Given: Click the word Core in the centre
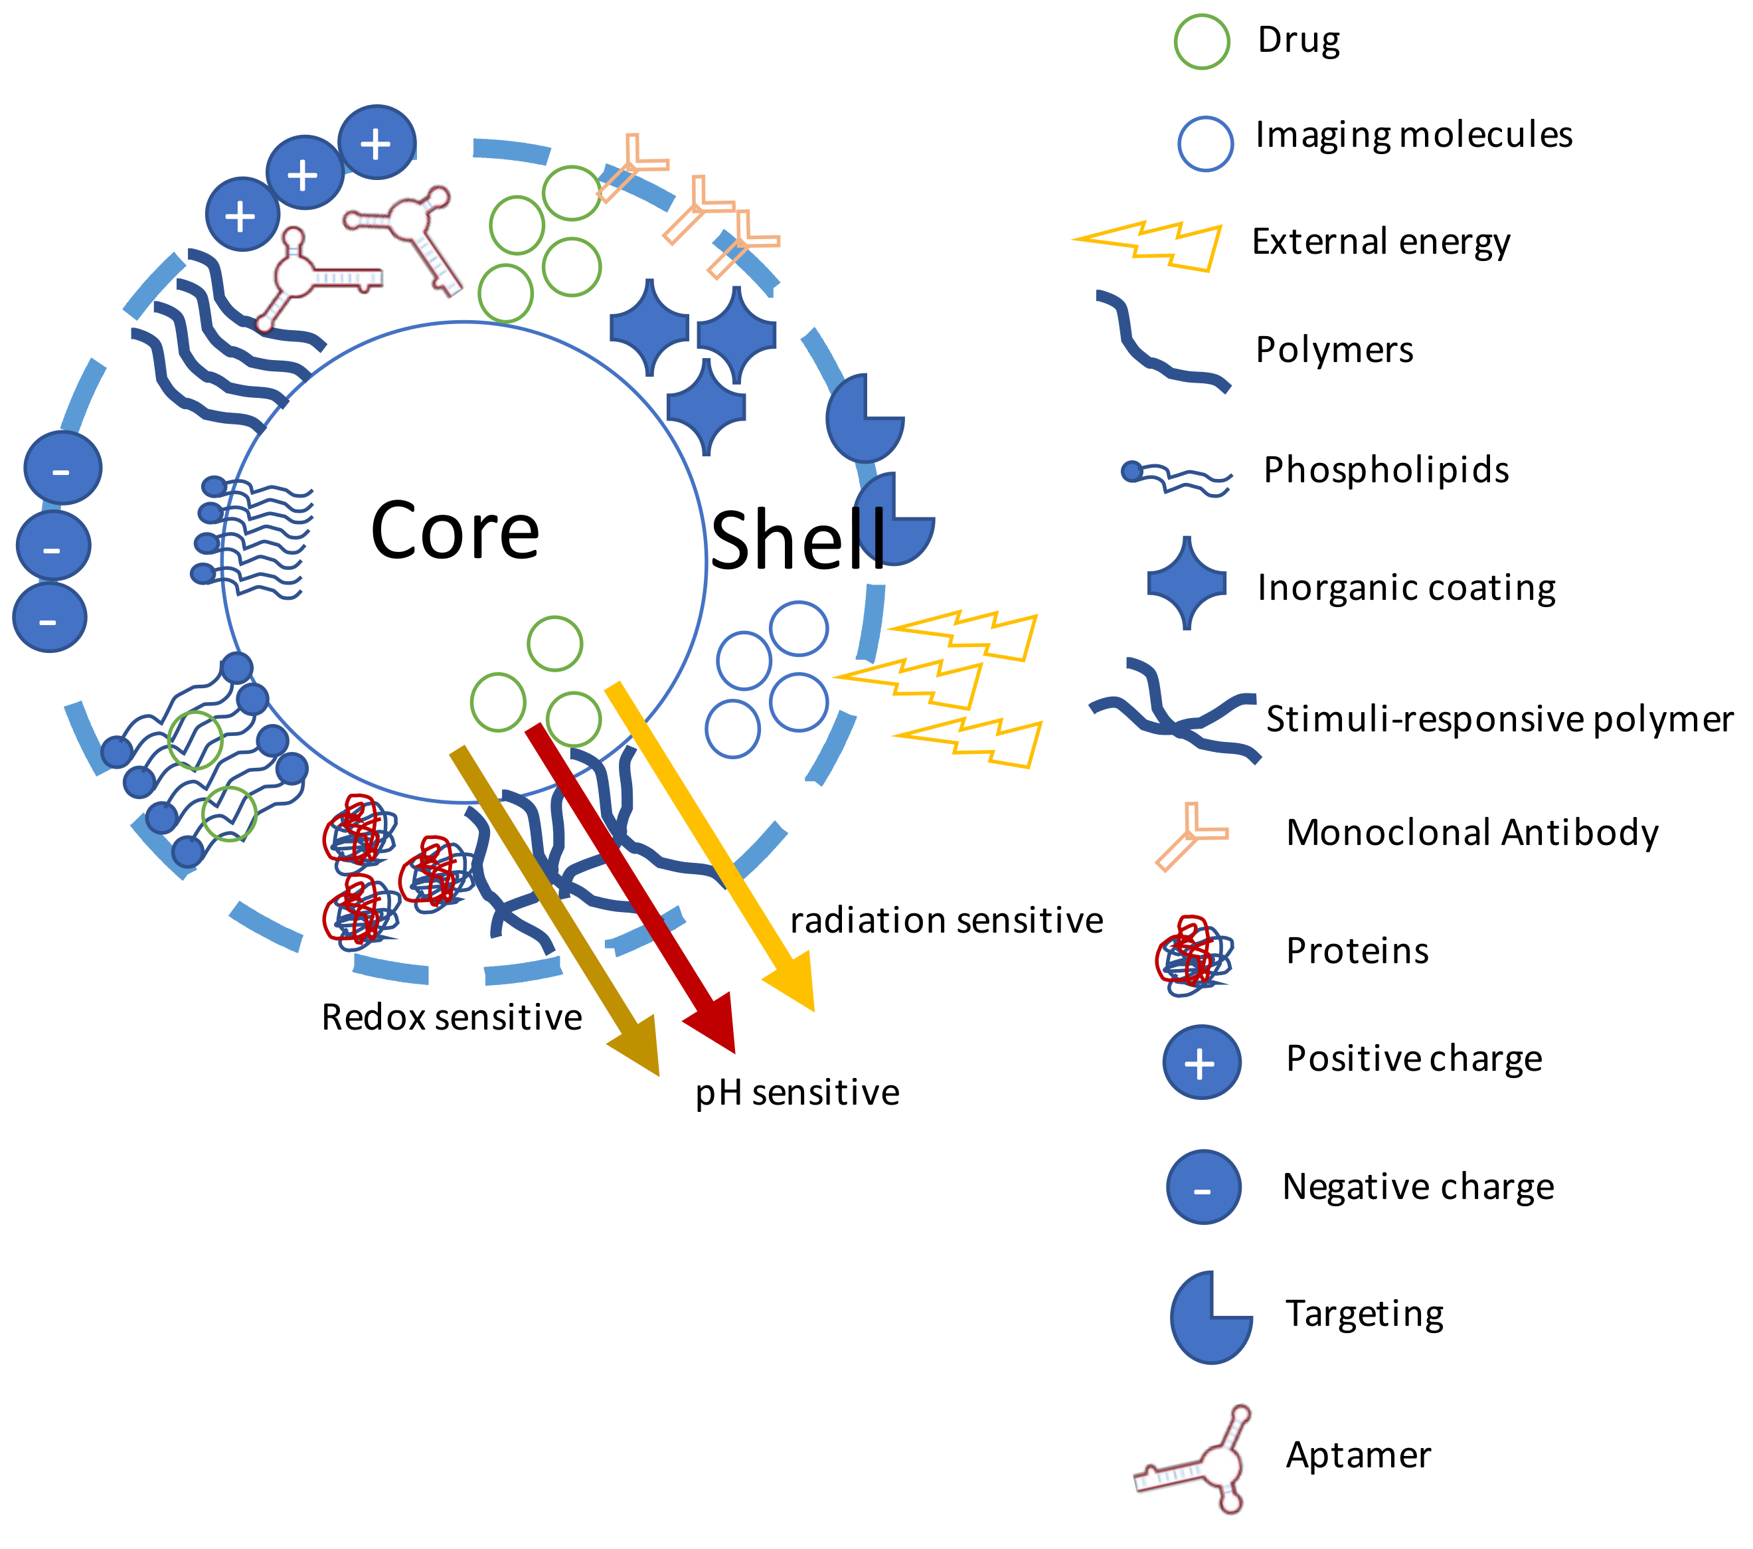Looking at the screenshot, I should [455, 532].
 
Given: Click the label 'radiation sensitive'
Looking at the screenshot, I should [946, 921].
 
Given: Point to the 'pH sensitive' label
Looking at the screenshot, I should [797, 1092].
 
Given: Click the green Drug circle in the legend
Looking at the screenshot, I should [1202, 41].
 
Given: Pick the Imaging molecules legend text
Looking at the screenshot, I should [1414, 135].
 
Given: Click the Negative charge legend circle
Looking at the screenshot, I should [1203, 1187].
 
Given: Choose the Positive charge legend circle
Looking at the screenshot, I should [1201, 1062].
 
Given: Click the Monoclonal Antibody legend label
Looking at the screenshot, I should [1471, 833].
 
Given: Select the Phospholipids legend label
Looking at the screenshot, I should [1385, 470].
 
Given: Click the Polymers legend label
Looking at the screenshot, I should [1333, 350].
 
